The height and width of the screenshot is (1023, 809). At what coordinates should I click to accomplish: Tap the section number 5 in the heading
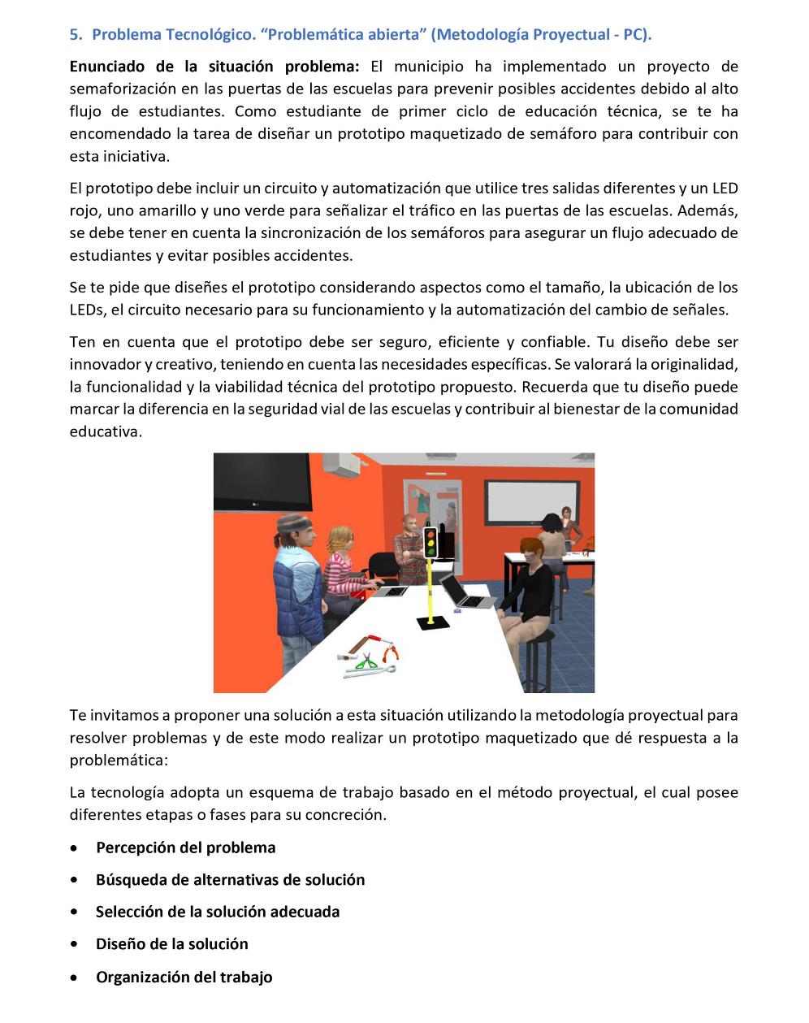pos(75,35)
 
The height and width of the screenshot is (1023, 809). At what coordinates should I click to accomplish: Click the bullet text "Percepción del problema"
pos(185,847)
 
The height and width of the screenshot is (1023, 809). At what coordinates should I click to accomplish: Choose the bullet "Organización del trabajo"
pos(184,977)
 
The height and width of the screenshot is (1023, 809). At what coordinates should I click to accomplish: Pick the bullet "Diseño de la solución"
pos(171,944)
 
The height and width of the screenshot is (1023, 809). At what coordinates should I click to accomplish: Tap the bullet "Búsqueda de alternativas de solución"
pos(230,880)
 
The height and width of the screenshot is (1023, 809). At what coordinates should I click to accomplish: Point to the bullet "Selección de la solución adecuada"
pos(218,912)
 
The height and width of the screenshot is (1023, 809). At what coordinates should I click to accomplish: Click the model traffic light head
pos(430,542)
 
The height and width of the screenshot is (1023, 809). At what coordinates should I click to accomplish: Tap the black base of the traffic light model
pos(432,622)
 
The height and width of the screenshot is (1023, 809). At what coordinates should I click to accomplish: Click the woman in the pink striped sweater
pos(345,569)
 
